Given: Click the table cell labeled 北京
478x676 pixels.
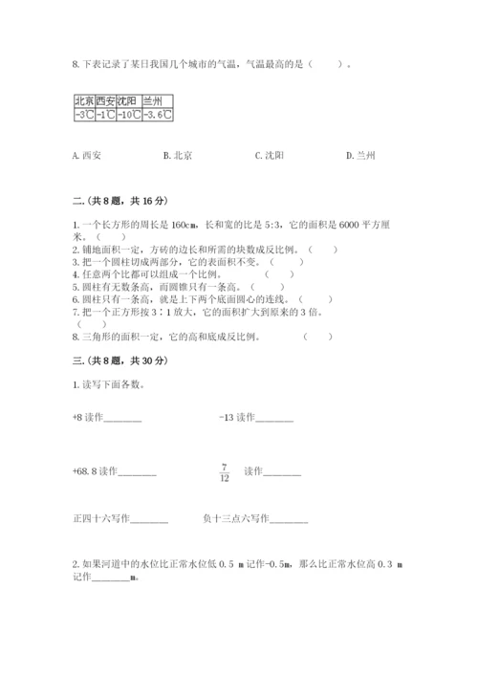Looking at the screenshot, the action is point(83,100).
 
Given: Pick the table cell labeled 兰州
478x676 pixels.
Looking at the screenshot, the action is point(155,100).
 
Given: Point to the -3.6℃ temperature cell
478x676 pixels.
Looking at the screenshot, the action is point(156,115).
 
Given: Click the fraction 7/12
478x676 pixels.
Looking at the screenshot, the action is point(223,471).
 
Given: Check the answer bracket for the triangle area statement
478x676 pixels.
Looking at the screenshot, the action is point(318,337).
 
